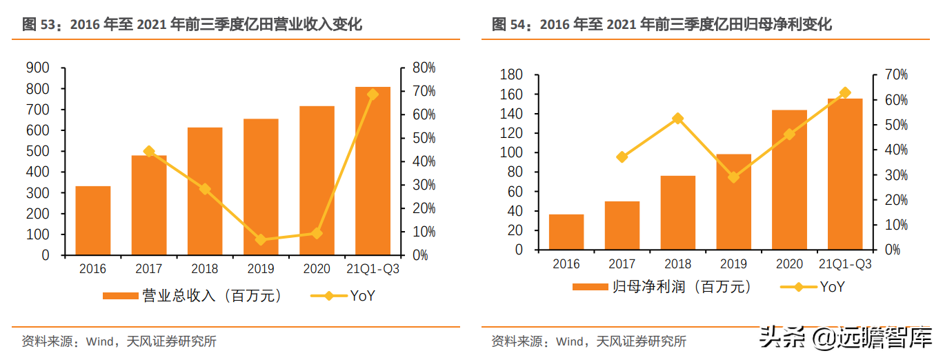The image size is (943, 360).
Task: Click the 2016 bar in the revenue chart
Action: click(x=93, y=221)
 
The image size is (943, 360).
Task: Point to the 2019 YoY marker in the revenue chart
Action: click(x=261, y=240)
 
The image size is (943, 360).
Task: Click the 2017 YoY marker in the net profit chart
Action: click(x=622, y=157)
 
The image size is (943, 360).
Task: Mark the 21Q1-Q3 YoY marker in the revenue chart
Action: click(x=373, y=94)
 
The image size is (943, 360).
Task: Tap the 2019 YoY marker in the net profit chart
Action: click(x=734, y=177)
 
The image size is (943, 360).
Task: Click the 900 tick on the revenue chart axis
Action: click(x=37, y=68)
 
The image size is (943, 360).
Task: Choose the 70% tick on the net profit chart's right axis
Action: click(x=888, y=74)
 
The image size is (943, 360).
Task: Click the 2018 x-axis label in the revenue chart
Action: click(x=205, y=269)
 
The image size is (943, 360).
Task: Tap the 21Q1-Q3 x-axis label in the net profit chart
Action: click(x=845, y=264)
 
